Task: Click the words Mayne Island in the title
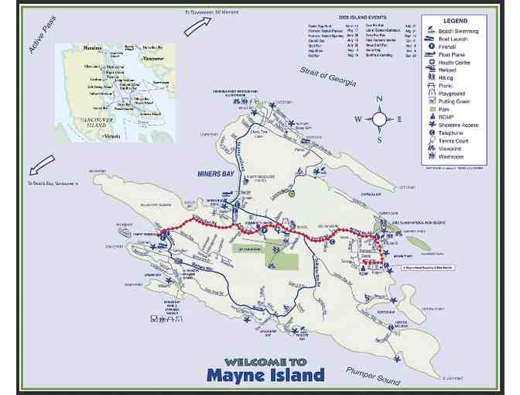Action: (x=265, y=376)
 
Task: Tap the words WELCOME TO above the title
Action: (x=265, y=361)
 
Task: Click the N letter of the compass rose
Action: (x=379, y=99)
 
